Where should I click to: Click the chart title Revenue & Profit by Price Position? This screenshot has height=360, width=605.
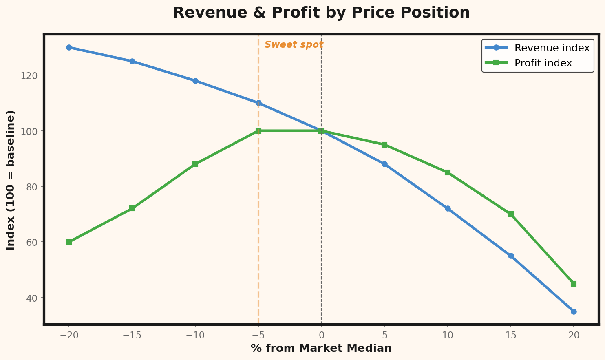[321, 13]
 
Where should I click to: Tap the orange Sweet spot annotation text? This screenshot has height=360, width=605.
[294, 45]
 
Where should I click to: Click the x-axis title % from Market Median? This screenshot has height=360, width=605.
[321, 348]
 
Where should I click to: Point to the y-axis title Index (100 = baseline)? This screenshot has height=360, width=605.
[11, 180]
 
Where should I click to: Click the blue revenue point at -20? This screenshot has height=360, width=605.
[69, 47]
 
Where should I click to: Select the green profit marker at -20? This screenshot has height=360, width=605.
[69, 242]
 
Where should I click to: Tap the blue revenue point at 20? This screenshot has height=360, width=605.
[574, 311]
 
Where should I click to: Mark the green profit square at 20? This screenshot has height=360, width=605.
[574, 284]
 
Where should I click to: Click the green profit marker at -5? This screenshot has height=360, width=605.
[258, 131]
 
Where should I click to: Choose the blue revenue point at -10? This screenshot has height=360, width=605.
[195, 81]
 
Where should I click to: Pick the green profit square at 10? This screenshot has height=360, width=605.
[448, 172]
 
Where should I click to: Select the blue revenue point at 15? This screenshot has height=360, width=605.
[511, 256]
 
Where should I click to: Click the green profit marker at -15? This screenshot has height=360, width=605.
[132, 208]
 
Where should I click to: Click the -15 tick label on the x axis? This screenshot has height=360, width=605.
[132, 336]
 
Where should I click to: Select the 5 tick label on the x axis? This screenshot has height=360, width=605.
[384, 336]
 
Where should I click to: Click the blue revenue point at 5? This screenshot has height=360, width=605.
[384, 164]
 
